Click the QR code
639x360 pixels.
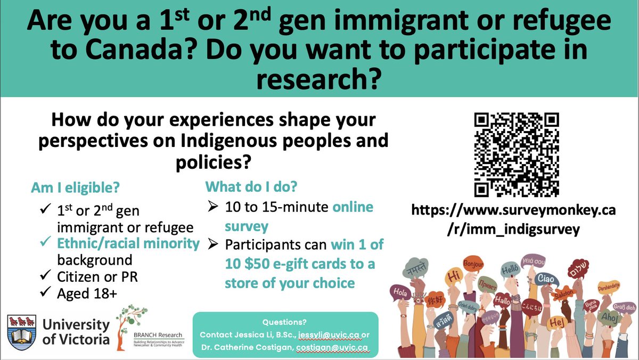(516, 154)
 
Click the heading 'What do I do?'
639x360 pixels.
(251, 187)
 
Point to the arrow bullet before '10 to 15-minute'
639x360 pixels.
(211, 207)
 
